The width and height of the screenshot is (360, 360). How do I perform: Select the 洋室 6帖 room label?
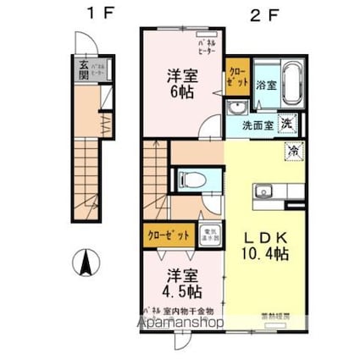[180, 82]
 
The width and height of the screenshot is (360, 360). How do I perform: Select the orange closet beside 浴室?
[235, 82]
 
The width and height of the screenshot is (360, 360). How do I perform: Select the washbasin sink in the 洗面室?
[235, 108]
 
